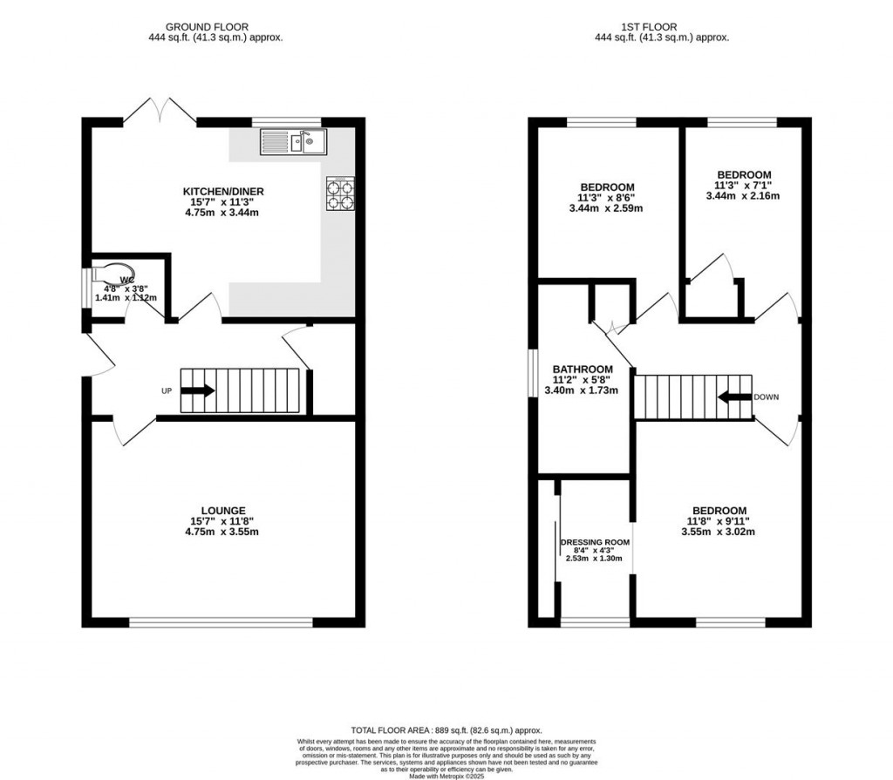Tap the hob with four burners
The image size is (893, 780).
pyautogui.click(x=340, y=193)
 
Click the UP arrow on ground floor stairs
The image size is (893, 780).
pyautogui.click(x=197, y=391)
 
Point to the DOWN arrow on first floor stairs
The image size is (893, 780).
pyautogui.click(x=734, y=397)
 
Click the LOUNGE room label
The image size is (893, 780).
pyautogui.click(x=224, y=511)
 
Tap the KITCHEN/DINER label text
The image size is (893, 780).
pyautogui.click(x=223, y=192)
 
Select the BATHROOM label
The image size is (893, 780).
pyautogui.click(x=583, y=370)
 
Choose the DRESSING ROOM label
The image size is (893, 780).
pyautogui.click(x=595, y=541)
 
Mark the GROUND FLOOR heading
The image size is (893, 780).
pyautogui.click(x=215, y=27)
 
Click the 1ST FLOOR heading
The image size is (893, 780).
pyautogui.click(x=662, y=27)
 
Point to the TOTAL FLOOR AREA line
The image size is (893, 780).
pyautogui.click(x=446, y=730)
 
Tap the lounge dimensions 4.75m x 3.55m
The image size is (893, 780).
pyautogui.click(x=224, y=532)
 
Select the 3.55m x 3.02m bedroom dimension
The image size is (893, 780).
pyautogui.click(x=719, y=532)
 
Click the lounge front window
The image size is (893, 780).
pyautogui.click(x=221, y=622)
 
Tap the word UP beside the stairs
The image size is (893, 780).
pyautogui.click(x=167, y=391)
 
